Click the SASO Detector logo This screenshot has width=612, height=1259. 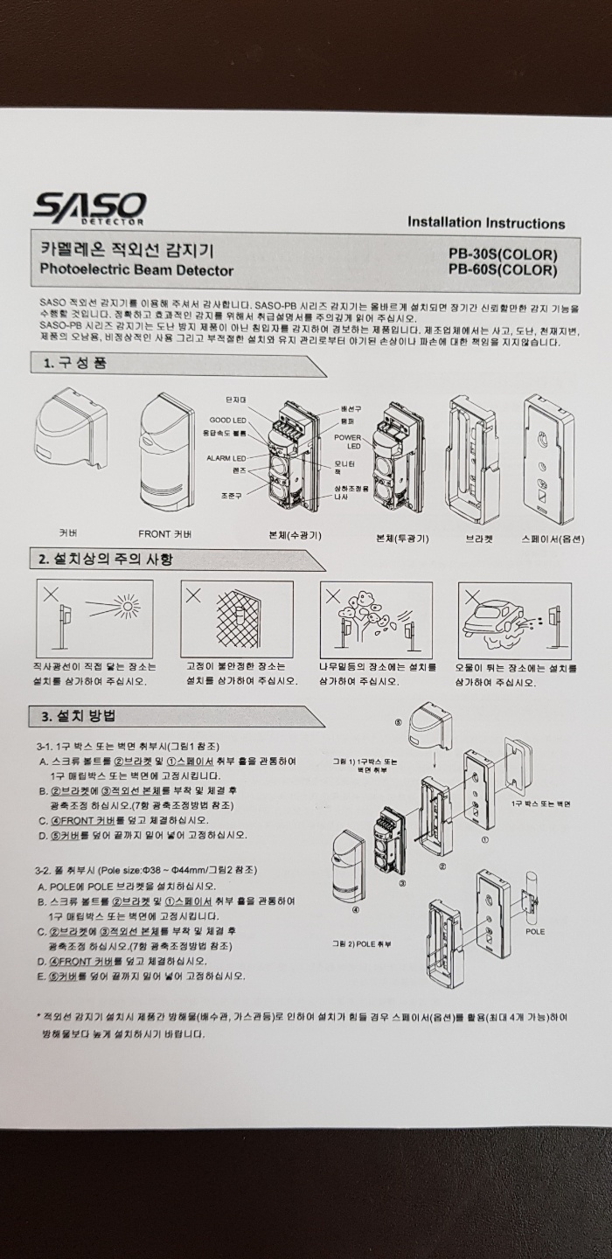tap(89, 207)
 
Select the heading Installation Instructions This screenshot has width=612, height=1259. tap(486, 223)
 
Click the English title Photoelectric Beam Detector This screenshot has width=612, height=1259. tap(137, 270)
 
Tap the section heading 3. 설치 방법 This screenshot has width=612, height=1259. tap(80, 717)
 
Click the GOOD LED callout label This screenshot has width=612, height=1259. tap(227, 421)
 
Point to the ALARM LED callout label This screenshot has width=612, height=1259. tap(226, 457)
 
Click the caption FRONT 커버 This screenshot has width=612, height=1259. tap(165, 533)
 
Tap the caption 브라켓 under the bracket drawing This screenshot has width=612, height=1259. tap(479, 538)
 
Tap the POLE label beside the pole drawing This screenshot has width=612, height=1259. tap(535, 931)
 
